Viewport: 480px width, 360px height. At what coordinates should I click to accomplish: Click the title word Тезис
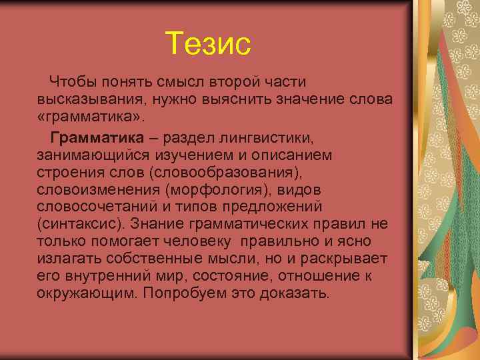pyautogui.click(x=208, y=44)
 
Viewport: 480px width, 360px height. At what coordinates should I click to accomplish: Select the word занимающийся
pyautogui.click(x=89, y=155)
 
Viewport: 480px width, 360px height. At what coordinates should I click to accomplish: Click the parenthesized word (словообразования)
pyautogui.click(x=225, y=173)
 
